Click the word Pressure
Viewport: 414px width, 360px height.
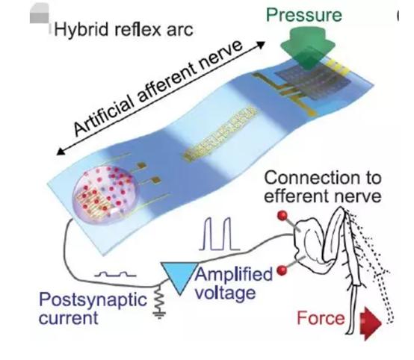(x=304, y=15)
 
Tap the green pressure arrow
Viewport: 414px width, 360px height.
(x=307, y=48)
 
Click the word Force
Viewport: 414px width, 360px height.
(x=321, y=318)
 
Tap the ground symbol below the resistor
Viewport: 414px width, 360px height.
(x=159, y=315)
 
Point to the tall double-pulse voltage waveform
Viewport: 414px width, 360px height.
(x=220, y=234)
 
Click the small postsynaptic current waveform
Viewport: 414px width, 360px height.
(x=115, y=275)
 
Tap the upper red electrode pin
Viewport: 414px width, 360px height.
(x=282, y=216)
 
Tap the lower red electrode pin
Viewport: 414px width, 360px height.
(x=282, y=270)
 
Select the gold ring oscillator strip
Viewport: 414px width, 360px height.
(x=220, y=134)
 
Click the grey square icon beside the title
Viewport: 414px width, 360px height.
(x=40, y=13)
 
